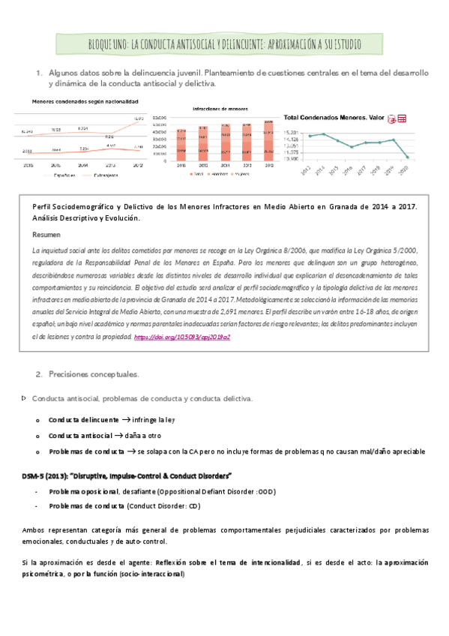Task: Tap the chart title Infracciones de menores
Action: [220, 109]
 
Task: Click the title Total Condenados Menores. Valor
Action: [334, 118]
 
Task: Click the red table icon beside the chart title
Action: [402, 118]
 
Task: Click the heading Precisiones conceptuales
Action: [94, 373]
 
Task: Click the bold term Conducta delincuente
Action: [83, 420]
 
